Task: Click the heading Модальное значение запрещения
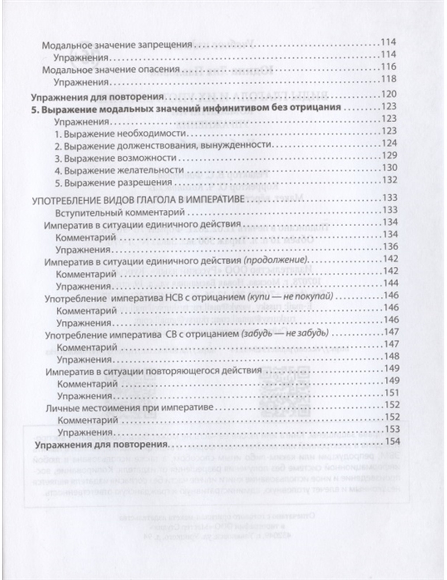(117, 45)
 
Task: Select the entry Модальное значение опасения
(110, 70)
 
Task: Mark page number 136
(389, 247)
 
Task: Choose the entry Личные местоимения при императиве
(130, 408)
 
